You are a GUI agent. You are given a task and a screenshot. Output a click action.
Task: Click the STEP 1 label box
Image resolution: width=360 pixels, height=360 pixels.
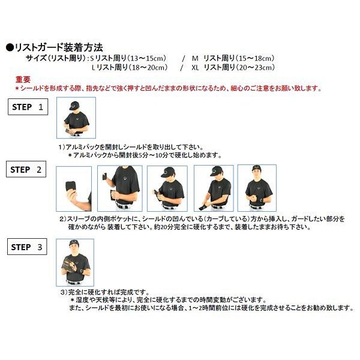pyautogui.click(x=28, y=107)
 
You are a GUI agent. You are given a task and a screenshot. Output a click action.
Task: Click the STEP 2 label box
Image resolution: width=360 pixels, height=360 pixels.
pyautogui.click(x=26, y=169)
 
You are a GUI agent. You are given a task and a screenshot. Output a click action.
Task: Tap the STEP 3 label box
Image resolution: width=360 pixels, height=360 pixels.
pyautogui.click(x=27, y=247)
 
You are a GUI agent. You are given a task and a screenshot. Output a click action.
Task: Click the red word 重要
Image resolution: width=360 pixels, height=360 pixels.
pyautogui.click(x=23, y=79)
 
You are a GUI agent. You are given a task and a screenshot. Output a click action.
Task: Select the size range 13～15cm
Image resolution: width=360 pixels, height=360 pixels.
pyautogui.click(x=146, y=58)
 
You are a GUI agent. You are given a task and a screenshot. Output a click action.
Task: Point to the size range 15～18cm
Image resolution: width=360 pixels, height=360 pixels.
pyautogui.click(x=255, y=58)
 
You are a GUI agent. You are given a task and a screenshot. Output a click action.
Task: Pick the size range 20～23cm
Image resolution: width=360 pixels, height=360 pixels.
pyautogui.click(x=256, y=67)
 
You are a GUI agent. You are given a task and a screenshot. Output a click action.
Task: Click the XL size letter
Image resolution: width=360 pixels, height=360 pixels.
pyautogui.click(x=195, y=68)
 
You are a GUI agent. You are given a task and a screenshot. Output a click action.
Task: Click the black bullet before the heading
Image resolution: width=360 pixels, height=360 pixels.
pyautogui.click(x=10, y=48)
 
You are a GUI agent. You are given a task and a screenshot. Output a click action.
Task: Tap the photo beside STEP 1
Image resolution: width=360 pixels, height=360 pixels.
pyautogui.click(x=76, y=118)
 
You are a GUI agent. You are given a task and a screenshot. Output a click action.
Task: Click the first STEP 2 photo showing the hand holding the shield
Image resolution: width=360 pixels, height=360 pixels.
pyautogui.click(x=74, y=189)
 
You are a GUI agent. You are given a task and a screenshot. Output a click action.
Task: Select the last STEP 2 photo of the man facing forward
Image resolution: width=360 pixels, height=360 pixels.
pyautogui.click(x=257, y=188)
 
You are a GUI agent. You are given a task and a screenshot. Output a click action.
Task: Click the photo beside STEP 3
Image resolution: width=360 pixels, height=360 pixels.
pyautogui.click(x=75, y=262)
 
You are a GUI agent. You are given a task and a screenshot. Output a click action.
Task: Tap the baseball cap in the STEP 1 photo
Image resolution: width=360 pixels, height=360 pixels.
pyautogui.click(x=74, y=106)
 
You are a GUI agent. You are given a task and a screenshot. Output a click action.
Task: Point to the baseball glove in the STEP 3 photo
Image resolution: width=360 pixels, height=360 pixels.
pyautogui.click(x=69, y=265)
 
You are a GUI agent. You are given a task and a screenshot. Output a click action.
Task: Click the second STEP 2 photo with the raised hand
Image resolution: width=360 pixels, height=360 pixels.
pyautogui.click(x=120, y=188)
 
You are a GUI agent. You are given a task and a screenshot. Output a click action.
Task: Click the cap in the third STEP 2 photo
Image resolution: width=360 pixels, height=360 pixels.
pyautogui.click(x=167, y=172)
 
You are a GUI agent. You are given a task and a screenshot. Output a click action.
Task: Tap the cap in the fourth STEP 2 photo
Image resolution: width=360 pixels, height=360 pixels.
pyautogui.click(x=216, y=171)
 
